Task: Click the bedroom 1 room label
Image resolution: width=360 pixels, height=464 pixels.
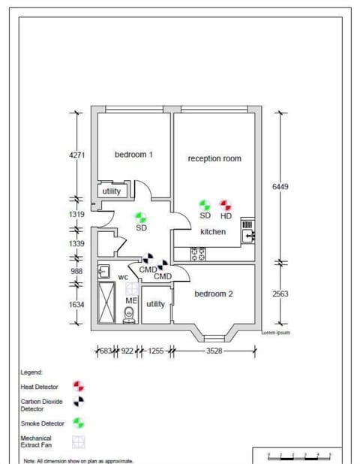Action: [x=133, y=155]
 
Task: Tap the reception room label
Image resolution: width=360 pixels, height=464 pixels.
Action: [x=214, y=158]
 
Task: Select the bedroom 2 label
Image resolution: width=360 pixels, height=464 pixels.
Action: [x=214, y=294]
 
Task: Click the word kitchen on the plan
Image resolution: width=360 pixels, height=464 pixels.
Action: [x=213, y=232]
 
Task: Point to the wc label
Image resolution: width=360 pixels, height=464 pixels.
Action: [x=123, y=277]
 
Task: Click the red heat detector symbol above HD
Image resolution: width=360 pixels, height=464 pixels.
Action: [x=226, y=204]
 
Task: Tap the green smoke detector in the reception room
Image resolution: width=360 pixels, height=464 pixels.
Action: [x=205, y=204]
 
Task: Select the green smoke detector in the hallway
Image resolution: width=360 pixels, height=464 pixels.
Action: [x=141, y=217]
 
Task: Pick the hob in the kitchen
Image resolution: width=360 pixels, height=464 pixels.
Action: [x=199, y=255]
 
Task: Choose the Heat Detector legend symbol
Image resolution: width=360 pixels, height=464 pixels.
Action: [x=78, y=386]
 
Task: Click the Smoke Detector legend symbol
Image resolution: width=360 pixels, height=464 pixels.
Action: [x=78, y=423]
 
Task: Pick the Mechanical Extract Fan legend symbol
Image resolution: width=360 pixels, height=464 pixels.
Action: [x=78, y=442]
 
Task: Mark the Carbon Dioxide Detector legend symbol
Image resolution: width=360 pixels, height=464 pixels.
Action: [x=78, y=404]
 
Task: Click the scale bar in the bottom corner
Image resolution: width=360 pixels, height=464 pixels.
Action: [x=300, y=455]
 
